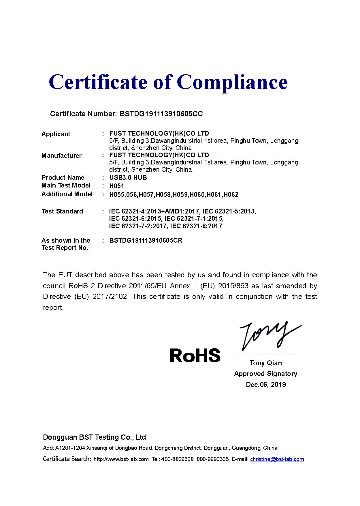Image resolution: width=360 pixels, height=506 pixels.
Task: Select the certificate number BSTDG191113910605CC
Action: (161, 114)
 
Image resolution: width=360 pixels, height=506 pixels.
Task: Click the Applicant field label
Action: (56, 134)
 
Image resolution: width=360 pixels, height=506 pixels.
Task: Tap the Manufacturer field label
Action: (61, 156)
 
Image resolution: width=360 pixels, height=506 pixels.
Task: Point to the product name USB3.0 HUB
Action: (128, 178)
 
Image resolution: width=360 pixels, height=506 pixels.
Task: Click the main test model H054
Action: (116, 186)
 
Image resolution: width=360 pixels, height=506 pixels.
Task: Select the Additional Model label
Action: (67, 194)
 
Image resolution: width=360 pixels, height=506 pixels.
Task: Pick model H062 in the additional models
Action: (231, 195)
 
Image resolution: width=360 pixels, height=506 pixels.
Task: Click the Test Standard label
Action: (62, 211)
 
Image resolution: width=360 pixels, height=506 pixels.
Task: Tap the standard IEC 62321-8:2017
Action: (196, 226)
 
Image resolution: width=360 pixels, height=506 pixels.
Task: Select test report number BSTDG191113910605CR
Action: (146, 241)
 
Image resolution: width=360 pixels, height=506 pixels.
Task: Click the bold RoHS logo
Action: (195, 355)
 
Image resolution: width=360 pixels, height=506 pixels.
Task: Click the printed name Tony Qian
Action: (266, 363)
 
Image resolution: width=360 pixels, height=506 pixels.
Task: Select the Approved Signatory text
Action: (265, 374)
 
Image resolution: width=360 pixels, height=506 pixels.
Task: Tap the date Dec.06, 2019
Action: (266, 385)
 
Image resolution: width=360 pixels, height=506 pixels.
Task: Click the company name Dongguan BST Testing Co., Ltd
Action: (94, 437)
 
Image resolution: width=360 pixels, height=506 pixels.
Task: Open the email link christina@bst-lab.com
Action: (277, 459)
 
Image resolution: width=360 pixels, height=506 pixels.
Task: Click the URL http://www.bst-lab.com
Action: (121, 459)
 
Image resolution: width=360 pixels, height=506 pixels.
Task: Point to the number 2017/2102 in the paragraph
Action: (110, 297)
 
